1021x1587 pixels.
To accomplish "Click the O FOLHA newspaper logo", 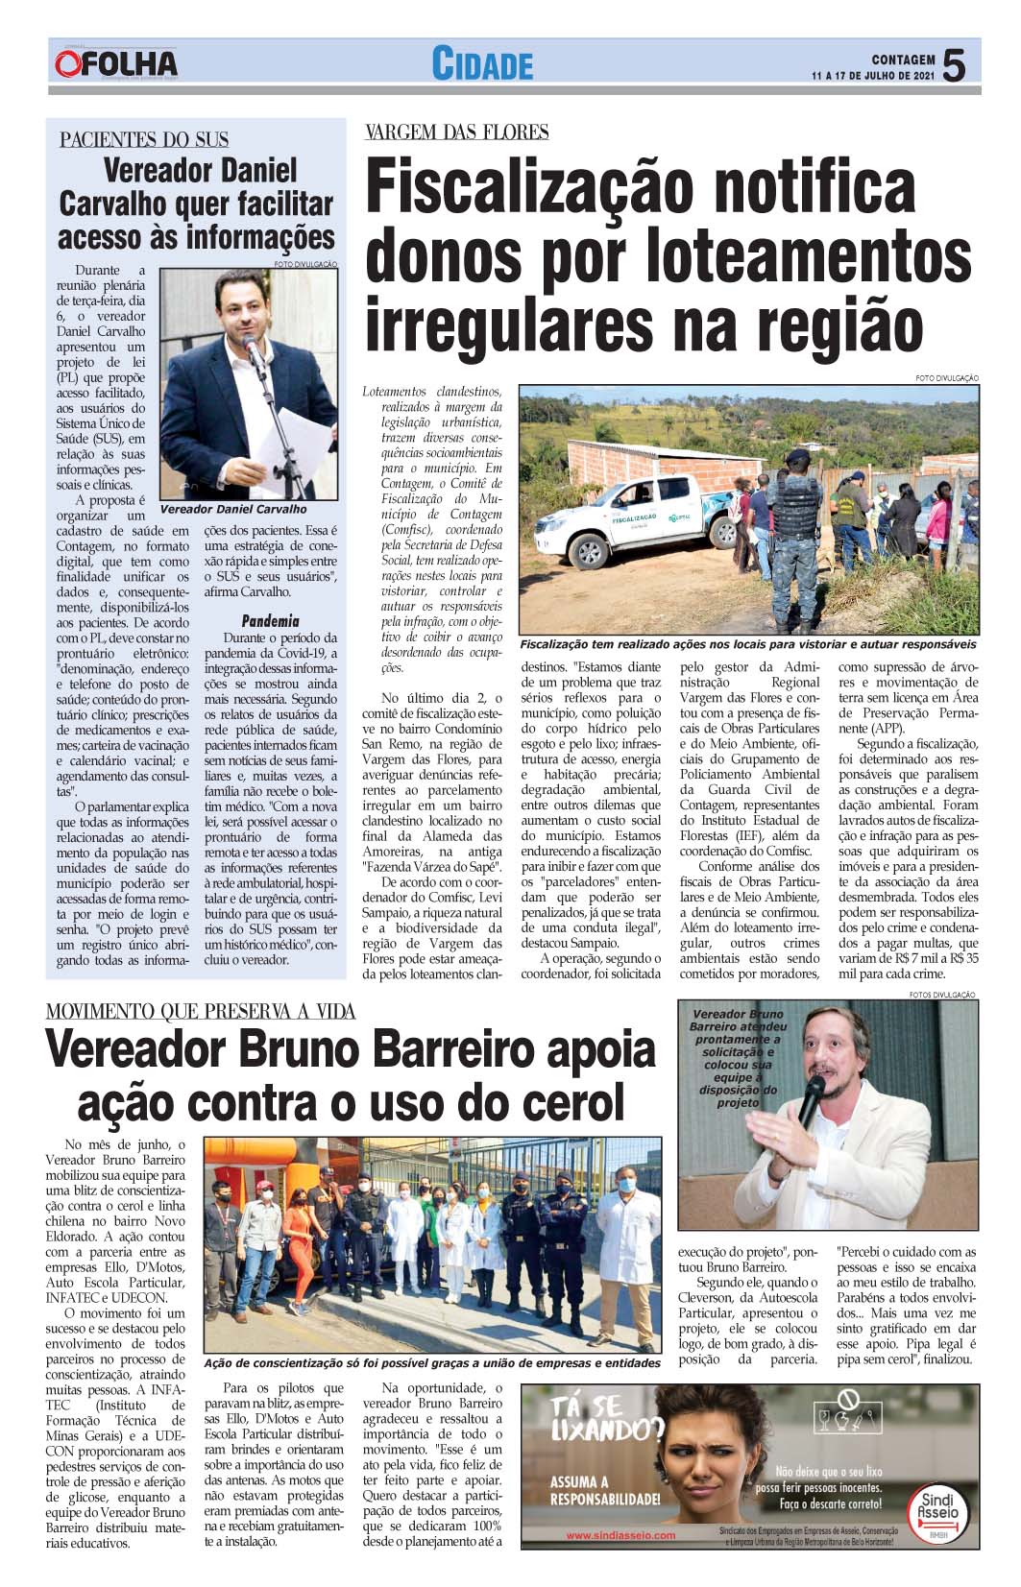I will [116, 64].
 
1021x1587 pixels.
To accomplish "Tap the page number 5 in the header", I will [954, 66].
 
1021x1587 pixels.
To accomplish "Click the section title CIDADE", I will [482, 65].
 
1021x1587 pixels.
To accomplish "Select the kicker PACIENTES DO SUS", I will [144, 140].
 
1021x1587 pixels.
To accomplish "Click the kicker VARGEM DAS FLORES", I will [456, 132].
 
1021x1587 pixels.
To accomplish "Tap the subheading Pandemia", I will [270, 620].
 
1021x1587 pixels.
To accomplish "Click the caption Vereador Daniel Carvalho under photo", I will [233, 509].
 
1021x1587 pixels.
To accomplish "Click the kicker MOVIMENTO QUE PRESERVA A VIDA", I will [201, 1011].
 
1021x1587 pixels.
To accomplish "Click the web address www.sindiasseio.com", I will [620, 1535].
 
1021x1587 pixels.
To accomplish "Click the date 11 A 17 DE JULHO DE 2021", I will [873, 76].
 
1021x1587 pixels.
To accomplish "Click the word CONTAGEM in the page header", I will [903, 60].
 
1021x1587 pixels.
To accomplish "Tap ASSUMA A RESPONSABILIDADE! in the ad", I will [605, 1491].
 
